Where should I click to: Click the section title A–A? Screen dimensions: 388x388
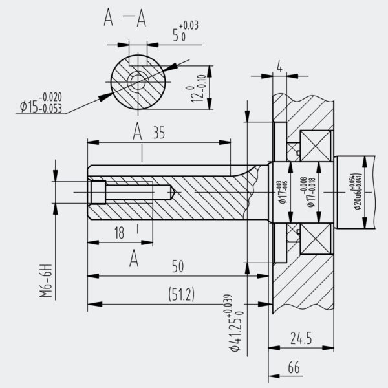click(125, 20)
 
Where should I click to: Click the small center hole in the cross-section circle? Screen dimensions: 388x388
click(137, 80)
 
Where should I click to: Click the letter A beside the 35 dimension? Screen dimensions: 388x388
click(138, 132)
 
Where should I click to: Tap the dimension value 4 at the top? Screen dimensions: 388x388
click(279, 67)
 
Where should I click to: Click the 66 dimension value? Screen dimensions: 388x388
click(294, 368)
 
